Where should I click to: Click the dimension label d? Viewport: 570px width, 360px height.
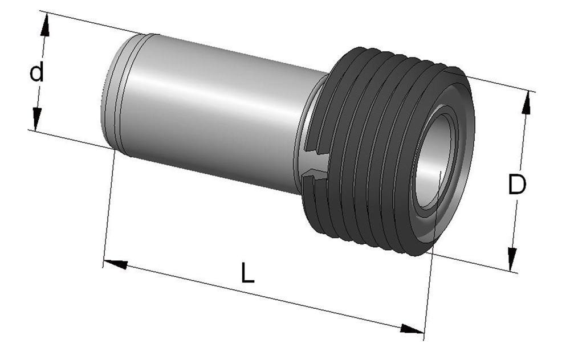36,72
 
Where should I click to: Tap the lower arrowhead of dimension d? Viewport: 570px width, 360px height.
36,118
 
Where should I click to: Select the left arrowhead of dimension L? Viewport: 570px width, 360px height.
116,264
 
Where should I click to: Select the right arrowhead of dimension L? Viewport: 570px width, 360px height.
412,329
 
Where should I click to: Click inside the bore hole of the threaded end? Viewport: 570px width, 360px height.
434,162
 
